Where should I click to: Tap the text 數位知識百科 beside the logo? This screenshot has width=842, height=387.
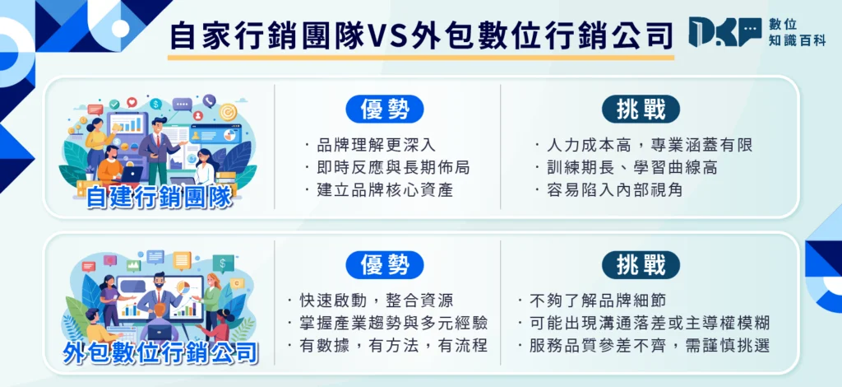pos(796,34)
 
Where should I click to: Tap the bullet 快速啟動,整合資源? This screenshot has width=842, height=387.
pos(370,301)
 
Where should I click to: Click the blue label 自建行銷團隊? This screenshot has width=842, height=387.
pos(159,197)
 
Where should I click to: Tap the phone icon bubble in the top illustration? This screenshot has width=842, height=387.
pos(210,101)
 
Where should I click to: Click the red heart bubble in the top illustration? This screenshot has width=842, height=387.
pos(132,104)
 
